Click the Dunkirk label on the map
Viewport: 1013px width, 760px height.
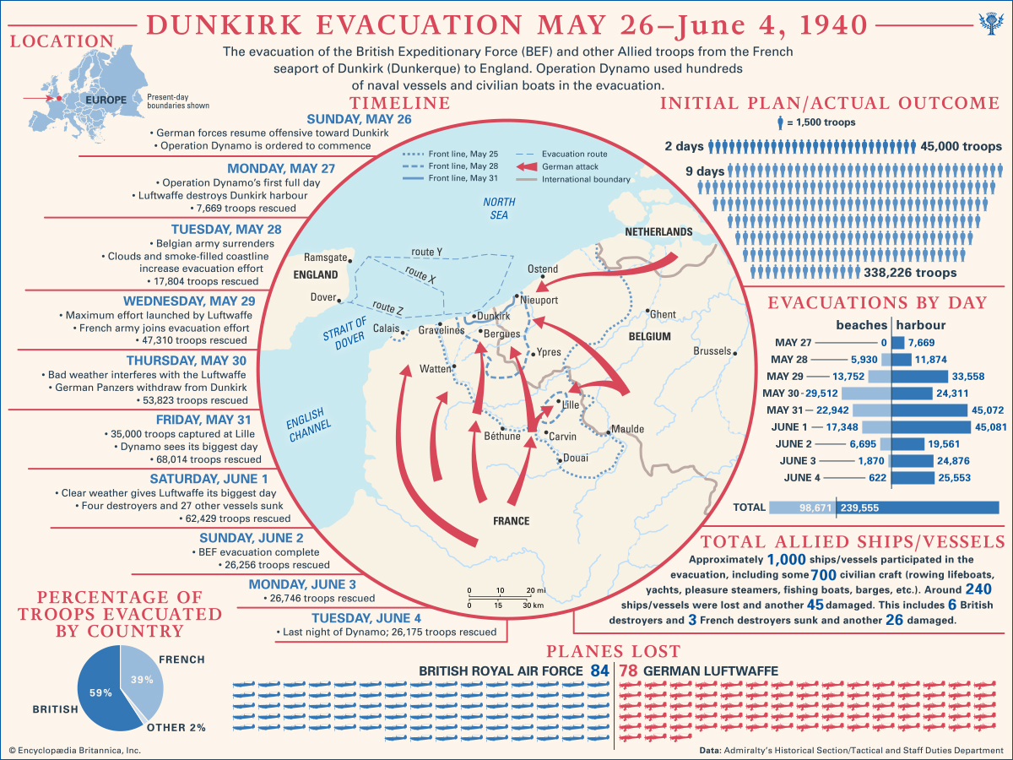(x=495, y=317)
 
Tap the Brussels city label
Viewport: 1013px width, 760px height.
(x=712, y=351)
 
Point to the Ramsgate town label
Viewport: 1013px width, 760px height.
(x=324, y=257)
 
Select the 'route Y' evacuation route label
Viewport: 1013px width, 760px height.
(x=427, y=252)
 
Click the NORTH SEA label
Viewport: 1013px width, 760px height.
(x=499, y=209)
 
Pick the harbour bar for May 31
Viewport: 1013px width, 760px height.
(x=929, y=410)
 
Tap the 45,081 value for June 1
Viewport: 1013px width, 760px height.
(x=990, y=427)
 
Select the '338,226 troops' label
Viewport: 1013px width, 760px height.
(x=910, y=273)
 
